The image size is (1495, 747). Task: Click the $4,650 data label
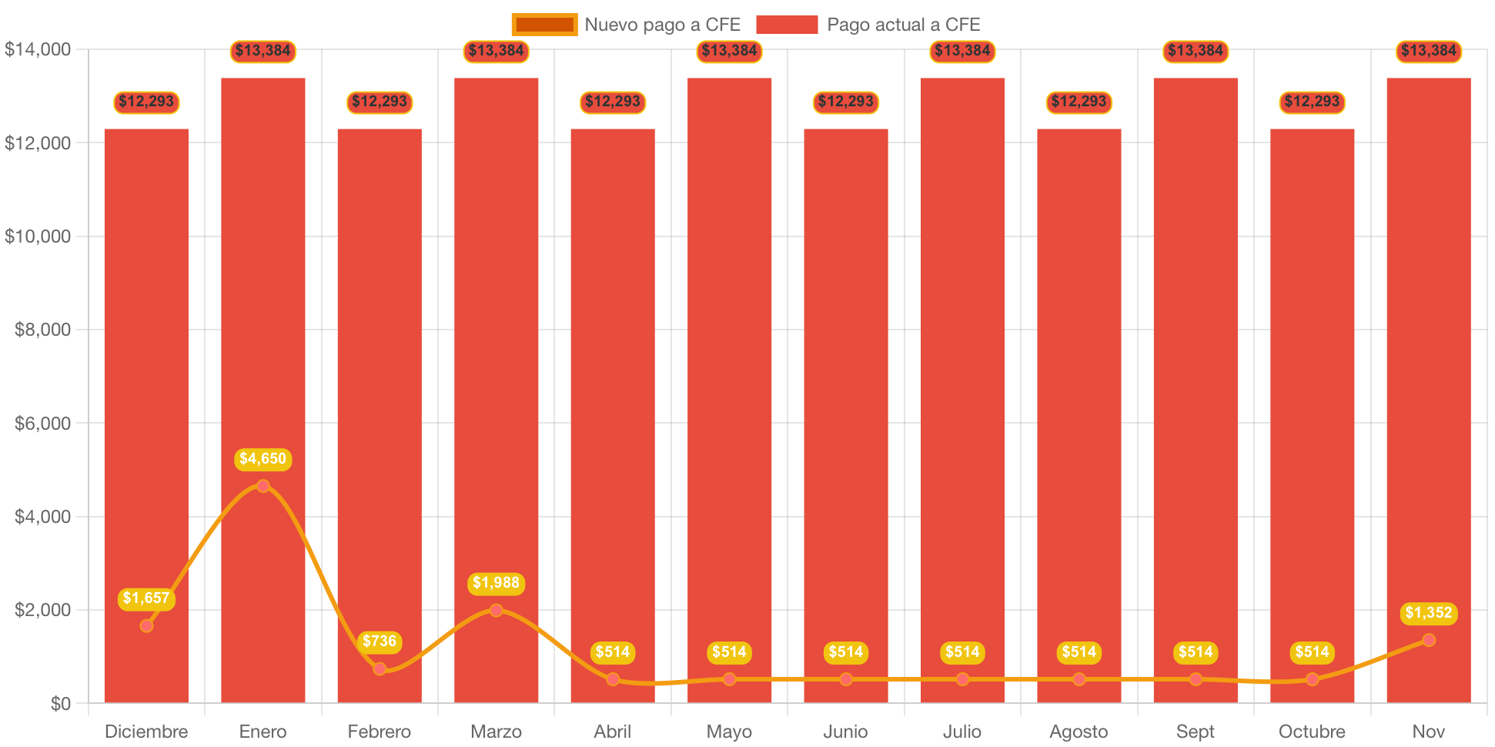pos(263,459)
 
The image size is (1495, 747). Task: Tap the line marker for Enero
pos(263,486)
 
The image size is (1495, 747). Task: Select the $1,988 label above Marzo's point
pos(496,583)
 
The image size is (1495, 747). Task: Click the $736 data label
pos(380,641)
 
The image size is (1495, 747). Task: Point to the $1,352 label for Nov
pos(1428,613)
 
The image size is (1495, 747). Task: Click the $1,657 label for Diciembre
pos(146,598)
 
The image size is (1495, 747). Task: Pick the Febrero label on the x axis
pos(380,731)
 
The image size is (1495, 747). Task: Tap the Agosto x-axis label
pos(1079,731)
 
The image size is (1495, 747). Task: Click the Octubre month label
pos(1312,731)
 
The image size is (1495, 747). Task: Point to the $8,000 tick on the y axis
pos(42,330)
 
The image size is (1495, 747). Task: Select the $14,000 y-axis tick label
pos(38,49)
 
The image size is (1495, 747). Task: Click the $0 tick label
pos(60,703)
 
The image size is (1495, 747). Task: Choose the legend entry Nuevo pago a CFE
pos(662,25)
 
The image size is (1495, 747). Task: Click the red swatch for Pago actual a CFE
pos(787,25)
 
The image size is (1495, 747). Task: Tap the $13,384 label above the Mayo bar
pos(729,51)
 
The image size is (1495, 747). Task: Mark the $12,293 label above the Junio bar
pos(845,102)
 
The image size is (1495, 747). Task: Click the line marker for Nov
pos(1429,640)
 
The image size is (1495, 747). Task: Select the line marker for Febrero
pos(380,668)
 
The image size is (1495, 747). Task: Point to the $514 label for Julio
pos(962,652)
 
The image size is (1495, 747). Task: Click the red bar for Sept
pos(1195,385)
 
